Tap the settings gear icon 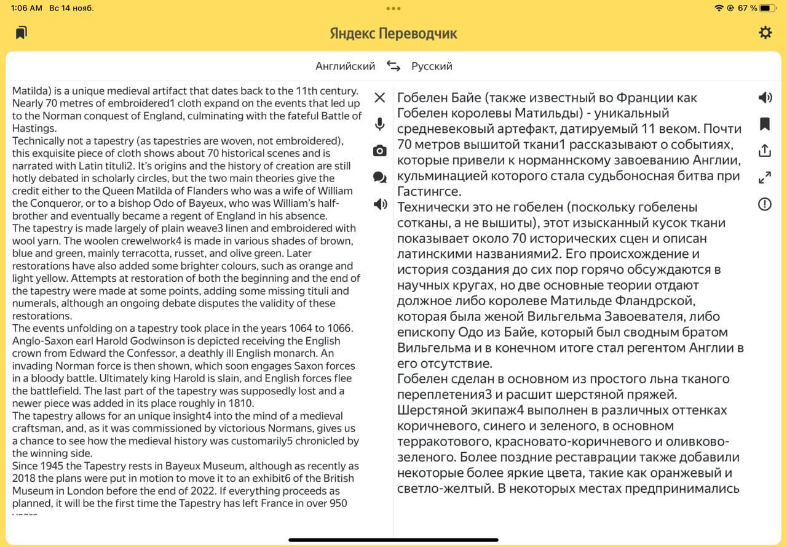[x=765, y=33]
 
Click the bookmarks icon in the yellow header [x=22, y=33]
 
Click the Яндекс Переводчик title [x=393, y=33]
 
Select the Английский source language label [x=345, y=66]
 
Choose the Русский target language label [x=432, y=66]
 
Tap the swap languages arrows [x=393, y=66]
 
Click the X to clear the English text [x=380, y=97]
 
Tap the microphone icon [x=380, y=124]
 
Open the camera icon [x=380, y=151]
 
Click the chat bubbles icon [x=380, y=178]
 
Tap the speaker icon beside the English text [x=380, y=204]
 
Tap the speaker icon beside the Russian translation [x=765, y=97]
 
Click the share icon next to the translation [x=765, y=151]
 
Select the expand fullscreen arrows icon [x=765, y=178]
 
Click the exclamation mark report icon [x=765, y=204]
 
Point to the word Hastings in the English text [x=34, y=129]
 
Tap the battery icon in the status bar [x=768, y=8]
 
